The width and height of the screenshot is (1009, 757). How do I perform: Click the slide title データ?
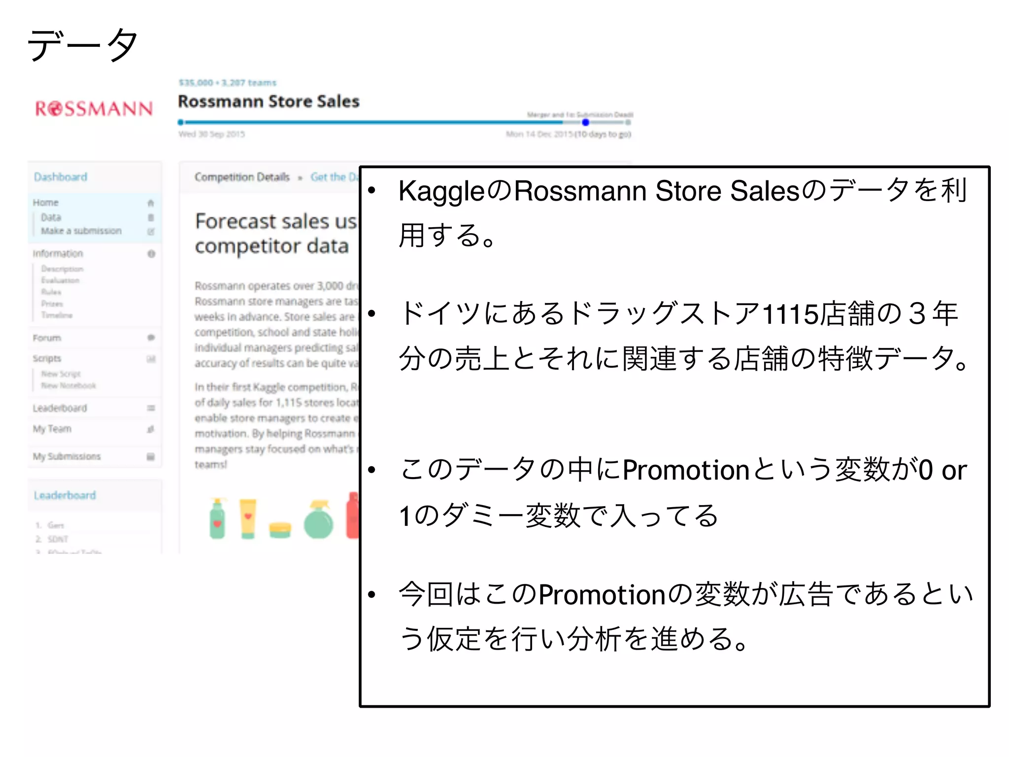(x=82, y=45)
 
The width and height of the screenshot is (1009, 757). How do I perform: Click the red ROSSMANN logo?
(x=94, y=108)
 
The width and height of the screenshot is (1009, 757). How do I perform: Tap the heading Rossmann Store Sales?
(x=269, y=102)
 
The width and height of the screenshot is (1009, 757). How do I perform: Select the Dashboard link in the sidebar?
(x=61, y=177)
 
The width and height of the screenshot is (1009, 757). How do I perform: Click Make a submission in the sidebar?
(x=81, y=231)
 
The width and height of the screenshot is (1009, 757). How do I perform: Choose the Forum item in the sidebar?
(x=47, y=338)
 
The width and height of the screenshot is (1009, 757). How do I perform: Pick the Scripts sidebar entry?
(x=47, y=358)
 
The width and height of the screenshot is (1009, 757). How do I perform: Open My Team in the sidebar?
(x=52, y=429)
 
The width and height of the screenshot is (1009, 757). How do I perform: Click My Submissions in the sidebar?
(x=67, y=456)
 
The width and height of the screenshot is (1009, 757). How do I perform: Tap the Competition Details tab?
(x=242, y=177)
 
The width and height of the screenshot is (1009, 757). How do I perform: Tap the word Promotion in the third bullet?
(x=686, y=470)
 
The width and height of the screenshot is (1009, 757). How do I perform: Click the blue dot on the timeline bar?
(x=585, y=122)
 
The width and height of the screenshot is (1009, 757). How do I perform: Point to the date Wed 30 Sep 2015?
(x=212, y=134)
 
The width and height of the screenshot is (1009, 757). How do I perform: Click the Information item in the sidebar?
(x=58, y=254)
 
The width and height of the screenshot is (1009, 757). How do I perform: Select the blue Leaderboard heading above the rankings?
(x=65, y=495)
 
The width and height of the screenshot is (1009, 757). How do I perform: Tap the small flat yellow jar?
(x=280, y=530)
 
